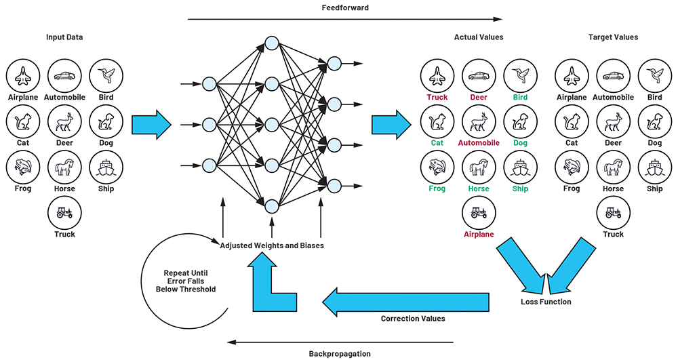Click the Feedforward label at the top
(345, 7)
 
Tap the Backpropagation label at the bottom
(340, 354)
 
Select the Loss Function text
(546, 302)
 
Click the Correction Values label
(413, 319)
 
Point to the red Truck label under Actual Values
(437, 97)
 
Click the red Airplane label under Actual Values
(479, 235)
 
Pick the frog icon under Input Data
(23, 167)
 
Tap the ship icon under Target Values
(655, 167)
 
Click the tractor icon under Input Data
(64, 213)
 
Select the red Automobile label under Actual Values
(479, 142)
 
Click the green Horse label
(479, 188)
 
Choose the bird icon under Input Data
(106, 76)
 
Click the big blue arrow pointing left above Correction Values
(405, 302)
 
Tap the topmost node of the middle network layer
(272, 43)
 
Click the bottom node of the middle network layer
(272, 207)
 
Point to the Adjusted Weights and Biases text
(272, 245)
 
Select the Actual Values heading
(479, 37)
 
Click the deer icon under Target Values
(613, 121)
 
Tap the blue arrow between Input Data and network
(151, 125)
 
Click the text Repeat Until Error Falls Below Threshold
(186, 281)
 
